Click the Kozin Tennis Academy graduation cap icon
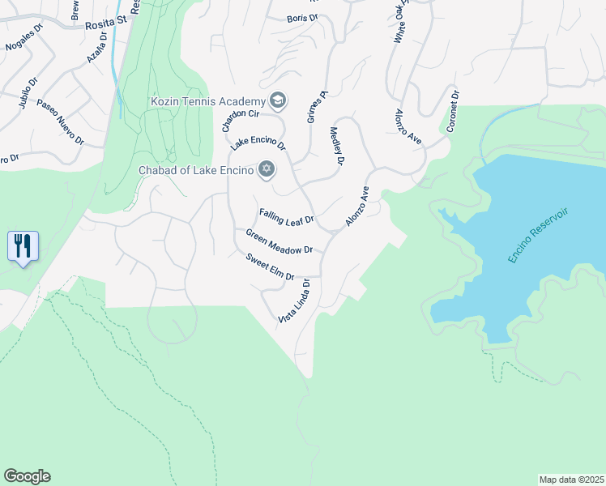coord(278,100)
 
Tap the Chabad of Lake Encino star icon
coord(265,168)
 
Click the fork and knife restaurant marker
coord(23,245)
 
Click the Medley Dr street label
coord(337,146)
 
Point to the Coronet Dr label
coord(452,112)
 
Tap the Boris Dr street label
coord(301,19)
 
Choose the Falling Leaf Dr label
coord(286,218)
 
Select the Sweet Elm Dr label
coord(270,266)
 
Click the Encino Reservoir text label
coord(539,235)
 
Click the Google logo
coord(28,476)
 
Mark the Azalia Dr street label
coord(96,50)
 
